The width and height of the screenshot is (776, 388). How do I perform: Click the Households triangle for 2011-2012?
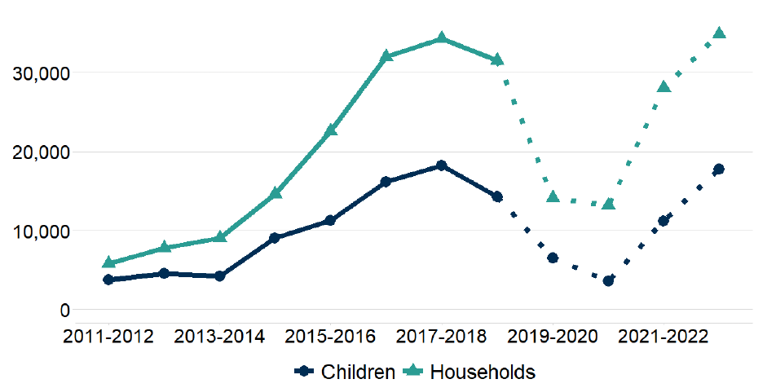point(108,262)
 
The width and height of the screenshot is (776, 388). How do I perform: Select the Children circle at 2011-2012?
point(108,280)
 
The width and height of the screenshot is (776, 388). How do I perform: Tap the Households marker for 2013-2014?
point(219,237)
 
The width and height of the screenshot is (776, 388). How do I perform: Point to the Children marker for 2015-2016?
point(330,220)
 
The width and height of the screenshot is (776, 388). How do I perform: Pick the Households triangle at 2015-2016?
point(330,130)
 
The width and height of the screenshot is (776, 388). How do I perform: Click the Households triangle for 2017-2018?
point(441,37)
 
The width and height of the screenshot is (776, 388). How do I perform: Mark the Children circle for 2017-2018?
point(441,165)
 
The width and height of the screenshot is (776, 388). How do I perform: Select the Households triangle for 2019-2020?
point(553,196)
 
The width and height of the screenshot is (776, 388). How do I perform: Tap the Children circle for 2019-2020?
point(553,258)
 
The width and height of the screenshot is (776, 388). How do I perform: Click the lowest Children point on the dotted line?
point(608,280)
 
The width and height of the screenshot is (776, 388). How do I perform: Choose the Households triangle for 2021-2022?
point(664,86)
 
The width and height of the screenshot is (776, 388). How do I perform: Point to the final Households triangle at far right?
point(719,33)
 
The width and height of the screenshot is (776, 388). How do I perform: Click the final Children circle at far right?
point(719,169)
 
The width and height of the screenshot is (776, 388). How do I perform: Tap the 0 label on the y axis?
point(64,311)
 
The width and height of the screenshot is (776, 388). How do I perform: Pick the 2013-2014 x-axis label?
point(219,337)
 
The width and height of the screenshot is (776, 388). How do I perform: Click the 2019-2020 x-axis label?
point(553,337)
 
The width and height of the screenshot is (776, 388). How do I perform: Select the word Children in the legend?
point(358,372)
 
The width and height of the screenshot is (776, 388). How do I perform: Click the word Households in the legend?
point(483,372)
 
